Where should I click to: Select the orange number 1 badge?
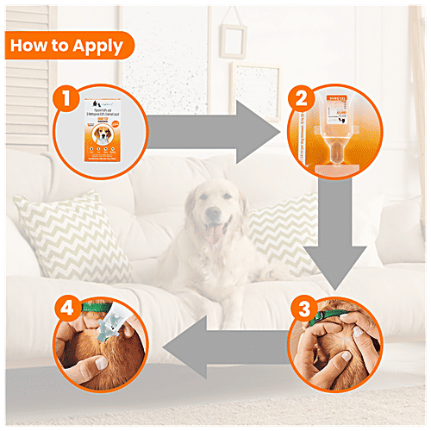click(64, 98)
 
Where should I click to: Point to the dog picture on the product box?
click(103, 137)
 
